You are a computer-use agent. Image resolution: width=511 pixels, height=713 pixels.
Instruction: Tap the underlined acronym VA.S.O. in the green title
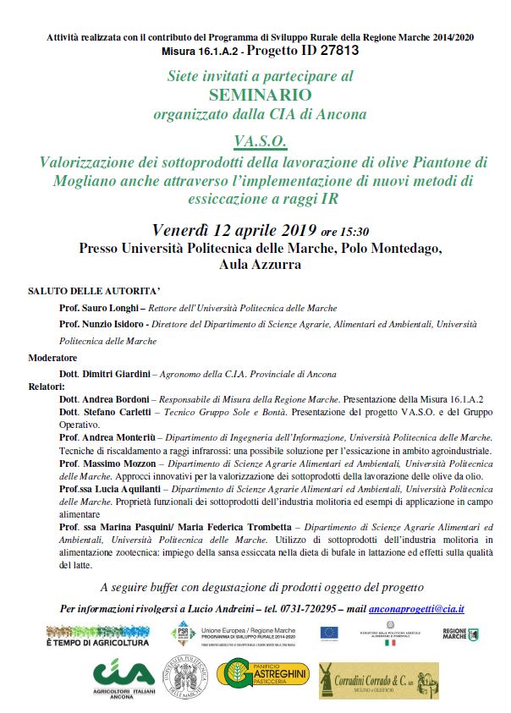click(255, 138)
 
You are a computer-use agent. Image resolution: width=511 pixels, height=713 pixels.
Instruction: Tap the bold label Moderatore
click(53, 358)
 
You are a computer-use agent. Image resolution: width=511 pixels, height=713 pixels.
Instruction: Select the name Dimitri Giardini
click(117, 374)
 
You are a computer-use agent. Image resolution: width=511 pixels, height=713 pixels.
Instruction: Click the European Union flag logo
click(331, 633)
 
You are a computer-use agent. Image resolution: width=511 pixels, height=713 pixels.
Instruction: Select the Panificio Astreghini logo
click(264, 681)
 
